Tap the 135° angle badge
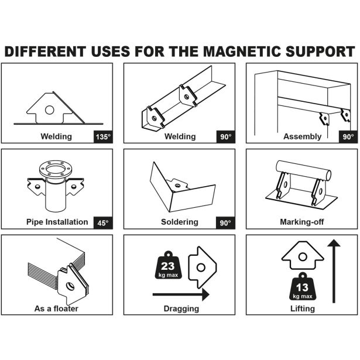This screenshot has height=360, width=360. point(103,137)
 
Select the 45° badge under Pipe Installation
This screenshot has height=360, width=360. point(103,222)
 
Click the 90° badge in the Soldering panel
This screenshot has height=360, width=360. point(225,222)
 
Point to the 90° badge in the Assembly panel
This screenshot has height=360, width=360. point(348,137)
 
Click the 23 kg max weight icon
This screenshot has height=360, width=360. point(168,265)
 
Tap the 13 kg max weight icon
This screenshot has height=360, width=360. point(303,286)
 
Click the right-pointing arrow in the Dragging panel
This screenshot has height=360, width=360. point(181,294)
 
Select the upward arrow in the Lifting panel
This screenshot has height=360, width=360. point(334,271)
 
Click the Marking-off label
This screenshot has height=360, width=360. point(302,222)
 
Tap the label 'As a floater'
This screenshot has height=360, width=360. point(56,308)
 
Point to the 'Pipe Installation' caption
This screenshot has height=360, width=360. point(57,222)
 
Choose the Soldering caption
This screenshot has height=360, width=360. point(180,222)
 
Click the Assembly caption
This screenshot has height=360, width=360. point(302,136)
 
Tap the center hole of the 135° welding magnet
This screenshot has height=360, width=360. point(49,110)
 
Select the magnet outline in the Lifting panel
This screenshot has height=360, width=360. point(303,255)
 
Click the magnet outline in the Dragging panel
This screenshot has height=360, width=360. point(203,268)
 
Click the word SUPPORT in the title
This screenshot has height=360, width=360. point(320,51)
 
